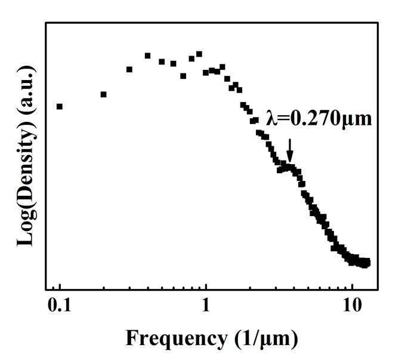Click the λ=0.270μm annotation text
pos(319,119)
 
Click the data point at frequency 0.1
pos(60,106)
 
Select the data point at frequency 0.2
pos(104,94)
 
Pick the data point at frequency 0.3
pos(129,69)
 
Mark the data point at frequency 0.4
pos(148,56)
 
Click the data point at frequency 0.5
pos(162,61)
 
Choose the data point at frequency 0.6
pos(174,63)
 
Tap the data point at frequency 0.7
pos(183,76)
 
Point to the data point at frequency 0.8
pos(191,59)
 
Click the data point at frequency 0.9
pos(199,54)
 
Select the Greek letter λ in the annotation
pos(271,119)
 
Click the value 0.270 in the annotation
pos(320,119)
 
